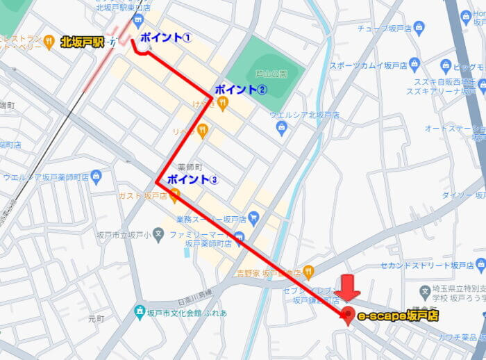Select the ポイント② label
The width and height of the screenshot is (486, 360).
click(x=240, y=89)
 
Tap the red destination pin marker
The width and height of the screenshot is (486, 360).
click(x=347, y=313)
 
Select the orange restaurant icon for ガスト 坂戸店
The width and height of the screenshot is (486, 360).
click(x=174, y=196)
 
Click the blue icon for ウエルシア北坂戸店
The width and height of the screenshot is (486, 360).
click(x=281, y=127)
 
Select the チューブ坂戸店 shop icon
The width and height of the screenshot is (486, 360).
click(x=418, y=28)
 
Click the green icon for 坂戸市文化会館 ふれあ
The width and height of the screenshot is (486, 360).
click(x=140, y=312)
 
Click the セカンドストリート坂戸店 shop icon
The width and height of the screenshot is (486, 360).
click(x=480, y=265)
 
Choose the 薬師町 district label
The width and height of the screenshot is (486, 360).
click(x=189, y=167)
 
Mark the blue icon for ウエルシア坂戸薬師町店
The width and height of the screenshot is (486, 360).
click(x=96, y=177)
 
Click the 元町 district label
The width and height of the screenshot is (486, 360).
click(x=95, y=320)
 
